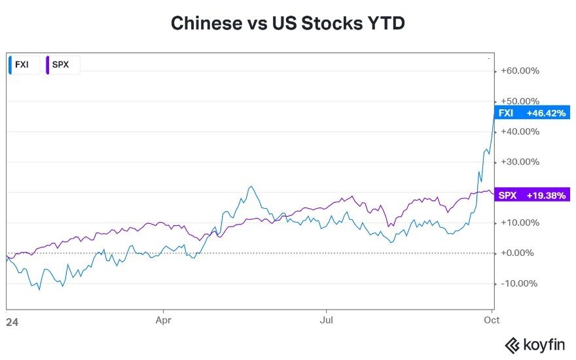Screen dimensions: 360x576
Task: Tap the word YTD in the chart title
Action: coord(385,24)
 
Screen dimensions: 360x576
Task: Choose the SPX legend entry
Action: coord(61,65)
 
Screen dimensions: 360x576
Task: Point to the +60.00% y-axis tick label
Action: coord(520,71)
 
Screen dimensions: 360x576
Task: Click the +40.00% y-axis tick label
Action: coord(520,132)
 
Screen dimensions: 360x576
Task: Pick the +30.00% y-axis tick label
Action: coord(520,162)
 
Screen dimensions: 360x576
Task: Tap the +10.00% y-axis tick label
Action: coord(520,223)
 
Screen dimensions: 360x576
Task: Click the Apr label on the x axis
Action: coord(162,321)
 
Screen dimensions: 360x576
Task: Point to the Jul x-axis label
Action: coord(327,321)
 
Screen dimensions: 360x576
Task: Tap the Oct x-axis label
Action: coord(492,321)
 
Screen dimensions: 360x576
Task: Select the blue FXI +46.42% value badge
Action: coord(531,113)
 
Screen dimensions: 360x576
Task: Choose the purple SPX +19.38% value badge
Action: coord(531,195)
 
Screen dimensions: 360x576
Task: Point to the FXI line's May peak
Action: coord(250,187)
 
